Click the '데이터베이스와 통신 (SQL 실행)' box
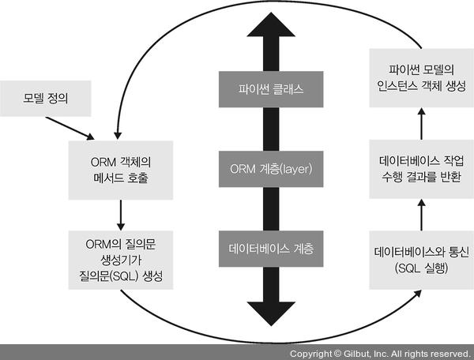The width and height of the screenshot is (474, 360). pos(421,260)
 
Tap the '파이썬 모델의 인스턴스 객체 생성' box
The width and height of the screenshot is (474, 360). pos(421,76)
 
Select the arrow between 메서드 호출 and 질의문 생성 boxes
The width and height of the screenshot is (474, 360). pos(118,212)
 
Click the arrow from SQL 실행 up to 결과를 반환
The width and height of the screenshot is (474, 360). pos(421,215)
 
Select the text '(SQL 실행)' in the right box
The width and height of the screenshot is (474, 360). pos(421,268)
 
